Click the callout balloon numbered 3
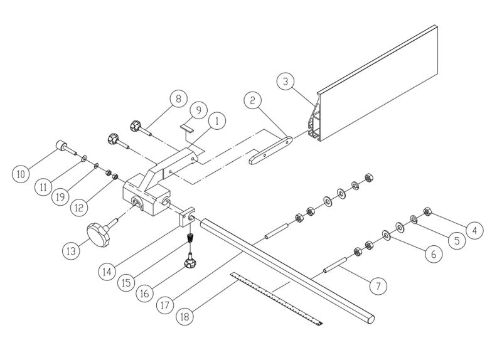[285, 82]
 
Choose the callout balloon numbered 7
[377, 287]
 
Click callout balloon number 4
[474, 230]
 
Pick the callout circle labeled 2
[252, 100]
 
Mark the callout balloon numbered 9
[198, 110]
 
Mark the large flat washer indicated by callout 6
[399, 226]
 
